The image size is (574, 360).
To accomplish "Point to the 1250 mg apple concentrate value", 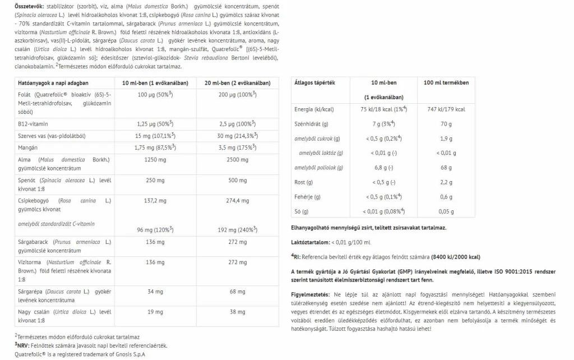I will (x=151, y=160).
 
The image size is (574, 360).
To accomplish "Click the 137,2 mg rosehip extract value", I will (x=151, y=200).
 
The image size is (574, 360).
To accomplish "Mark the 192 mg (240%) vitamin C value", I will (x=238, y=230).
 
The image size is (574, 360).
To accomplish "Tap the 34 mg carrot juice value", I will (x=151, y=292).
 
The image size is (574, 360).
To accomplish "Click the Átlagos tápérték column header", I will (x=314, y=82).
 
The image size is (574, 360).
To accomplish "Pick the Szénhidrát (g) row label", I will (x=311, y=124).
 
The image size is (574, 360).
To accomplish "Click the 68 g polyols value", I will (x=447, y=168).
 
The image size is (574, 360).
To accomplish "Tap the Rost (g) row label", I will (x=304, y=182).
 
